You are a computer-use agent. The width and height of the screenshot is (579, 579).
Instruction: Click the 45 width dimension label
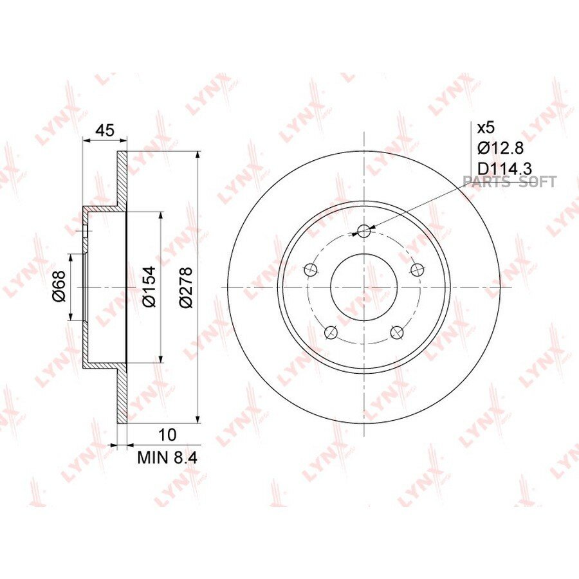(105, 131)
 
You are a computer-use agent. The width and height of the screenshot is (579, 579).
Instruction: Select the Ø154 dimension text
(149, 286)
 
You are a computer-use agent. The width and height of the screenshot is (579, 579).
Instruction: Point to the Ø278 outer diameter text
(186, 287)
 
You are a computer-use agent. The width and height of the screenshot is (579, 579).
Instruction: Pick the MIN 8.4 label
(167, 458)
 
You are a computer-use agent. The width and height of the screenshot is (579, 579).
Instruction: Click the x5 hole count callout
(486, 128)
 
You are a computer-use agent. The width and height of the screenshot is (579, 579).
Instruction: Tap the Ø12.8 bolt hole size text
(501, 148)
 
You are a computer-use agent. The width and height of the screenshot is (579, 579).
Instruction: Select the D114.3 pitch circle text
(504, 169)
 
